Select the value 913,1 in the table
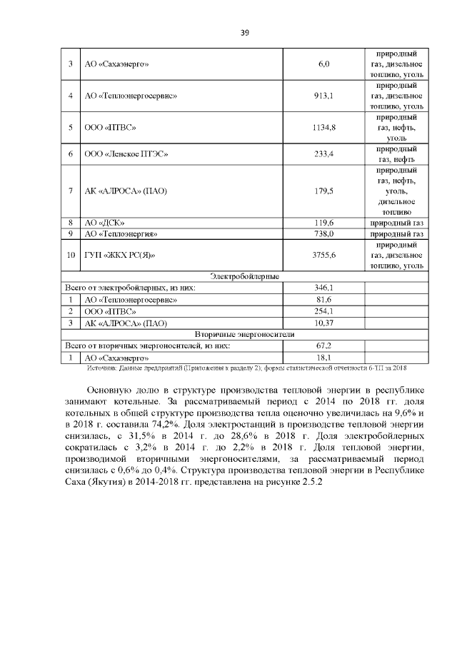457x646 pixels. coord(323,96)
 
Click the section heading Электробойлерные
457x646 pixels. coord(244,276)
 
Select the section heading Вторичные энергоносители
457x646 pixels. coord(244,334)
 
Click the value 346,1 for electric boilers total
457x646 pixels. coord(323,288)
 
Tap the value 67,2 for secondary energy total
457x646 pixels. coord(323,345)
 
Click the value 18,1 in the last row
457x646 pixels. coord(323,357)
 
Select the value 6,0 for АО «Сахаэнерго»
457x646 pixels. coord(323,65)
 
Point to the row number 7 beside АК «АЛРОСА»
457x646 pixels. coord(71,191)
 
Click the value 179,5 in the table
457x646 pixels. coord(323,191)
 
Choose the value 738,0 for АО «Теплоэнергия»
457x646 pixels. coord(323,233)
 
